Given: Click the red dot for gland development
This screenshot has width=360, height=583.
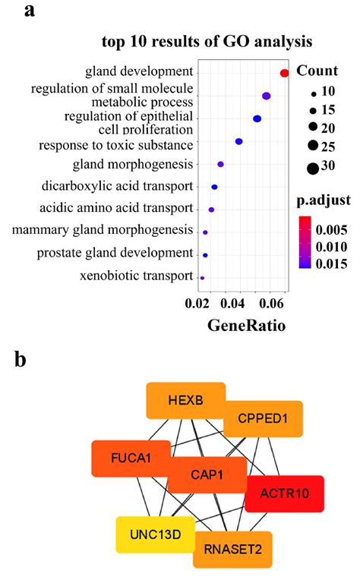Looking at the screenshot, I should pyautogui.click(x=285, y=73).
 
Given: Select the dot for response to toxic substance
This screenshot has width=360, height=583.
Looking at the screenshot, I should pyautogui.click(x=238, y=142).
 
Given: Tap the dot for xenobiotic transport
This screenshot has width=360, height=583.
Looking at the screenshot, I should pyautogui.click(x=202, y=278).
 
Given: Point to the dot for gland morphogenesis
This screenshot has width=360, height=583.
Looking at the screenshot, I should pyautogui.click(x=220, y=164).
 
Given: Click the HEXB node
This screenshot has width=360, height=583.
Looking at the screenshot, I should pyautogui.click(x=185, y=402).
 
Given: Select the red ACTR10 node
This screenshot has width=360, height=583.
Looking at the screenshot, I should pyautogui.click(x=285, y=494).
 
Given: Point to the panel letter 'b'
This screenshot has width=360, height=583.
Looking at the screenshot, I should pyautogui.click(x=21, y=359).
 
